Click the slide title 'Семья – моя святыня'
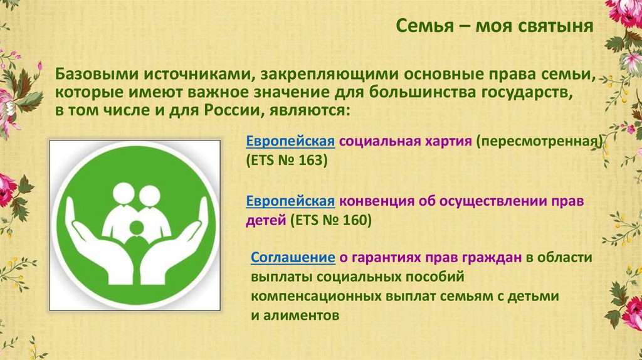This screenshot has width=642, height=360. click(495, 27)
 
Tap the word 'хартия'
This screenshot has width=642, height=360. click(446, 141)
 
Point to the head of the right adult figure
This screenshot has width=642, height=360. click(150, 195)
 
